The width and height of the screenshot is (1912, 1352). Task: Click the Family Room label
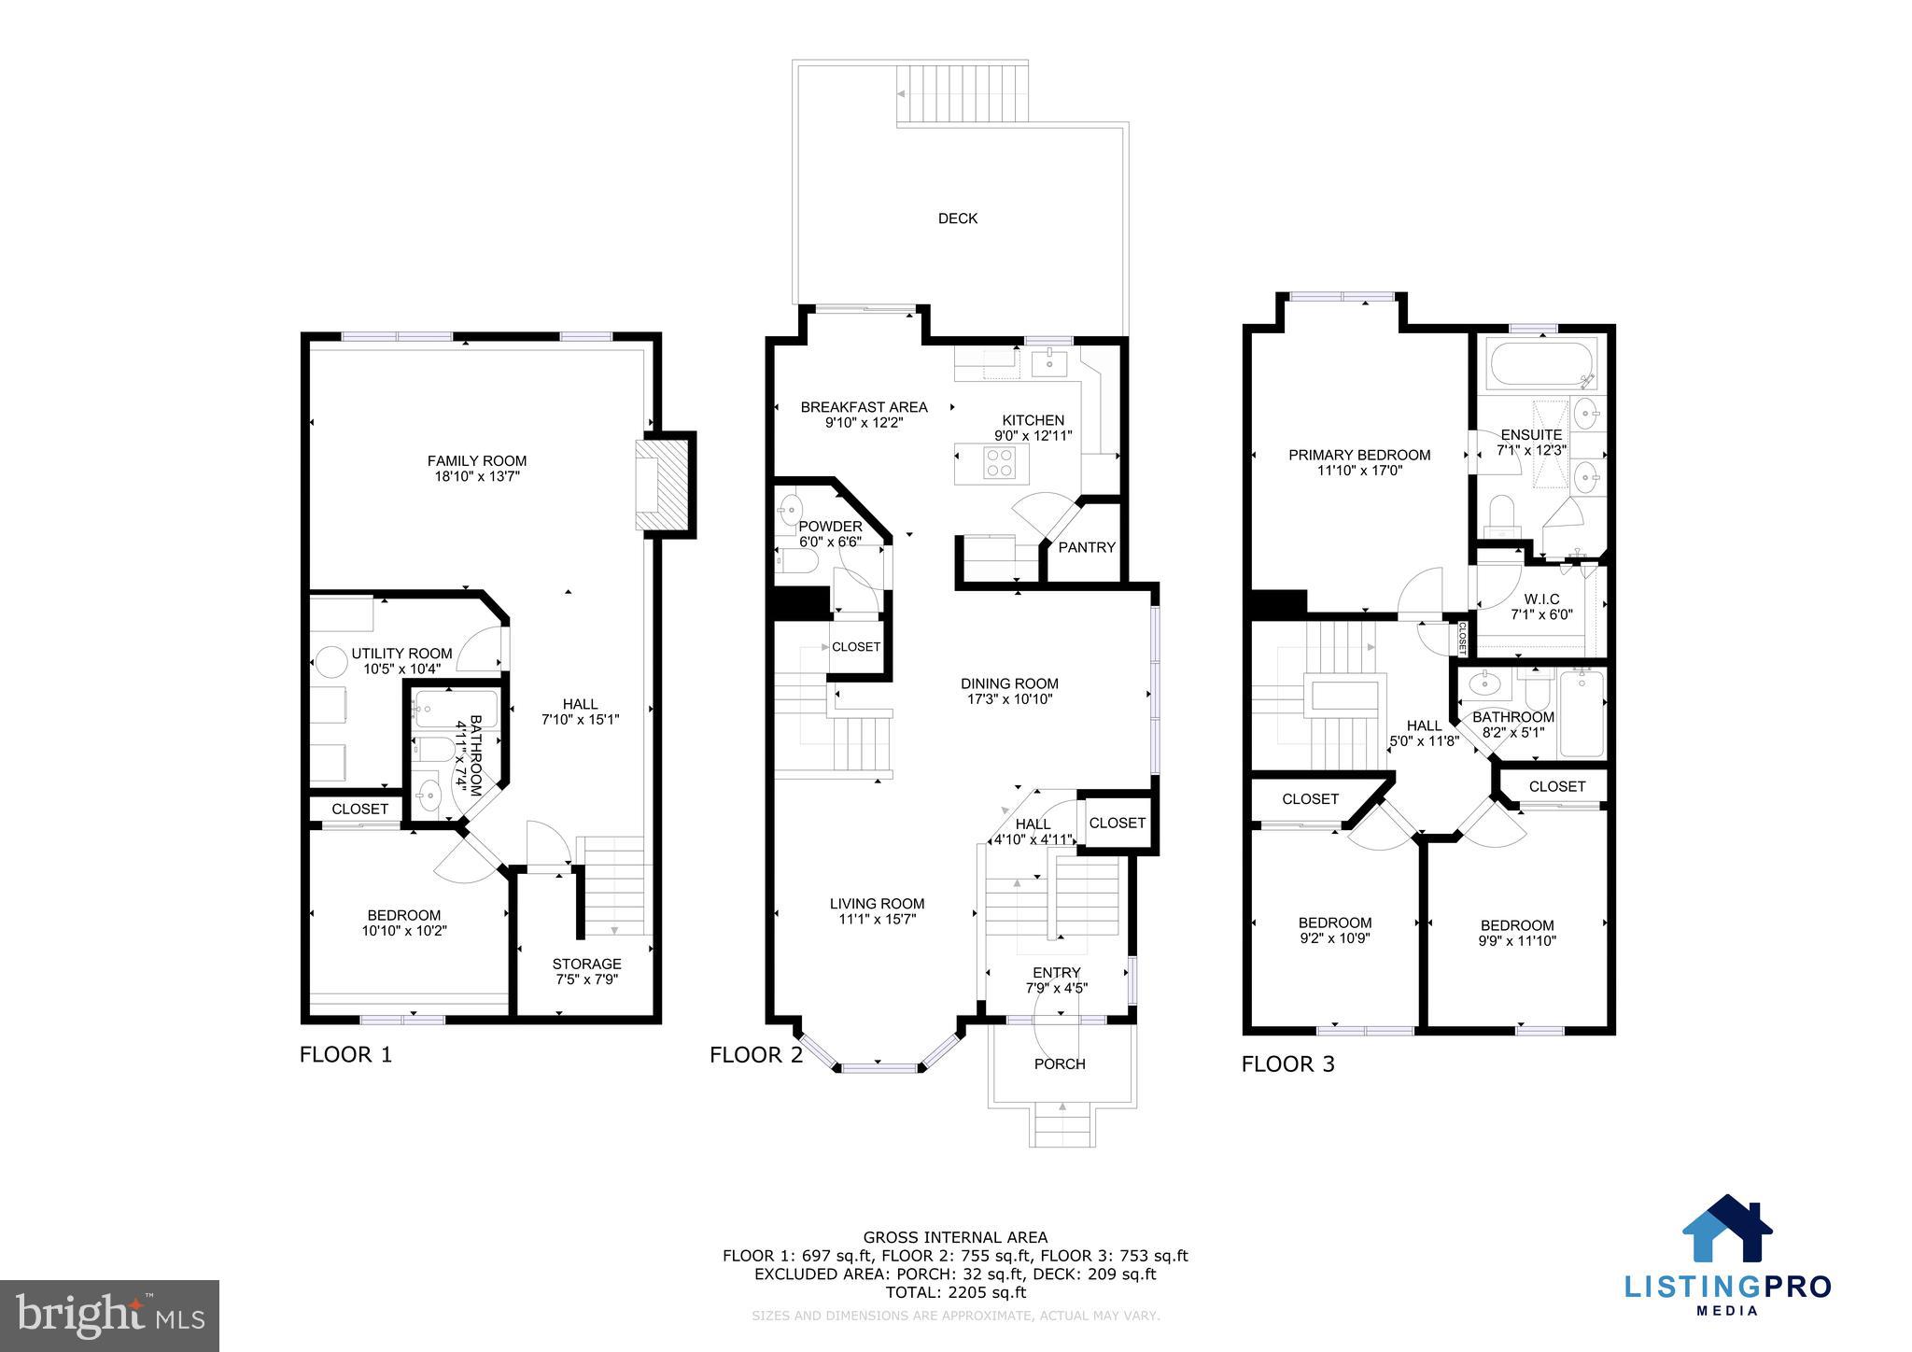476,461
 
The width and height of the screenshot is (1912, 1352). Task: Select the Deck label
957,218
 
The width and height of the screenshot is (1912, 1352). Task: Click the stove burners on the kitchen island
1000,463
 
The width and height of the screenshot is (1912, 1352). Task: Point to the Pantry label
1087,548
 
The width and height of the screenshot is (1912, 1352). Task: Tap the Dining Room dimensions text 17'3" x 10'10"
1009,699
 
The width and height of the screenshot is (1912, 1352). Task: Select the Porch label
1060,1063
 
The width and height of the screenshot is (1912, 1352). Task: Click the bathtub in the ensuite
1540,365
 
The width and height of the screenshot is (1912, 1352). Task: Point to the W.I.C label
1541,599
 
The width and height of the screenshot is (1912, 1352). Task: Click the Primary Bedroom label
1359,456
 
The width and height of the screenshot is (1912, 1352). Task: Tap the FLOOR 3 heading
1287,1064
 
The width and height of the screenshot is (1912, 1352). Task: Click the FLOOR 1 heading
345,1055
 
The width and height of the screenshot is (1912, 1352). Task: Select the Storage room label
586,965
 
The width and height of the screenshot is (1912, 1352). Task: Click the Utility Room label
401,654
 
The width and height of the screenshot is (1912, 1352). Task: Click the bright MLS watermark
110,1317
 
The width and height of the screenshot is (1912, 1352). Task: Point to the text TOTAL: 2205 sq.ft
955,1293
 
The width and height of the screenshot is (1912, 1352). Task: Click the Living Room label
877,904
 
